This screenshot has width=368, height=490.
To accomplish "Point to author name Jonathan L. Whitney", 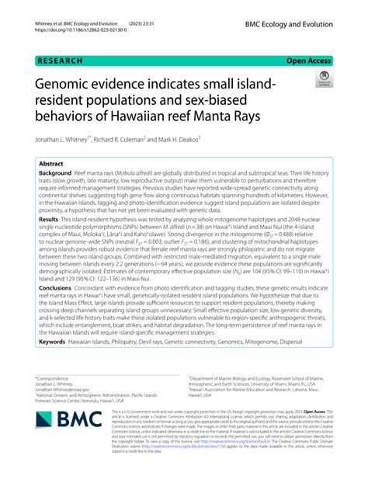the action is point(71,139).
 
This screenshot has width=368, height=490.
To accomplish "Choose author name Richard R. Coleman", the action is point(156,139).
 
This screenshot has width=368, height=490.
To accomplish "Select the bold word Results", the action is point(50,243).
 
